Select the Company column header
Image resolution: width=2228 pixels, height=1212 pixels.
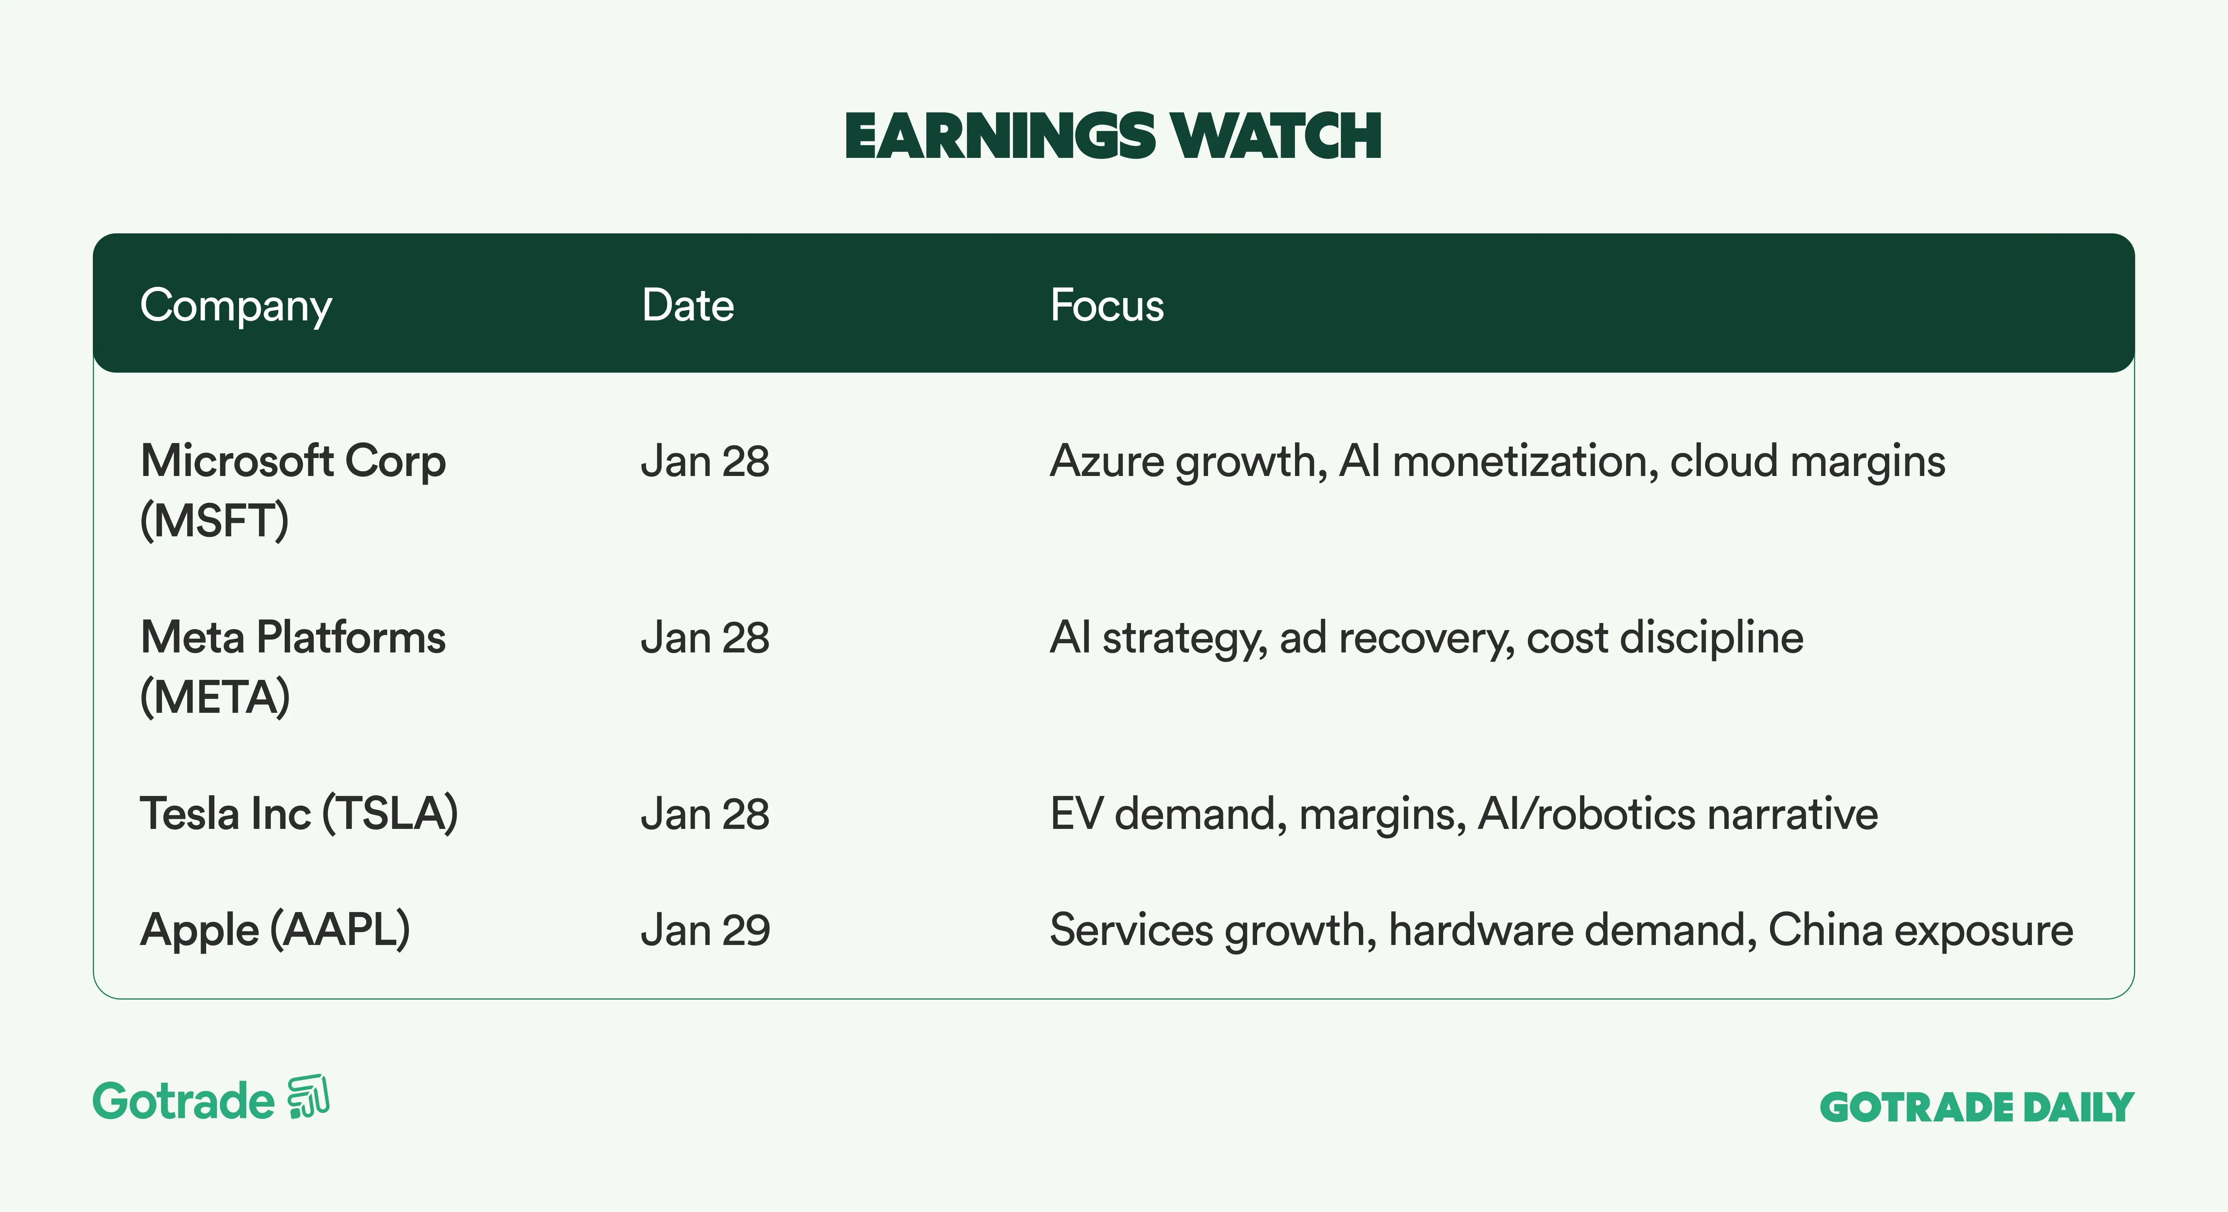point(236,305)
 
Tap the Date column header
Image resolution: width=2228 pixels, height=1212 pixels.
point(688,305)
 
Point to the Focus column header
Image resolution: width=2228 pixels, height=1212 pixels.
point(1107,305)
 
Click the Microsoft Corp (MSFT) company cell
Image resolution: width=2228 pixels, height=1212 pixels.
point(293,491)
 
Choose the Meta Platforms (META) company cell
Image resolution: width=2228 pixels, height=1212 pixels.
point(293,667)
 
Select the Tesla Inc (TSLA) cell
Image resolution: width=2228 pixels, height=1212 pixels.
point(299,814)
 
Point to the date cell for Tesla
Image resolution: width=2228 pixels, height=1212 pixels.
point(705,814)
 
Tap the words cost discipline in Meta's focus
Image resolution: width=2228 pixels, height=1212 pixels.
point(1665,639)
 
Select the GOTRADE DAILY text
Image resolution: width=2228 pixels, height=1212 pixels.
point(1977,1107)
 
